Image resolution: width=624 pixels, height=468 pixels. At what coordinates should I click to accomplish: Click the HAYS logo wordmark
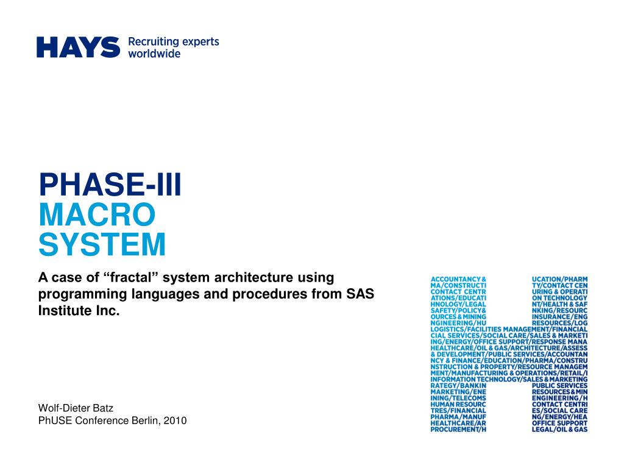[78, 47]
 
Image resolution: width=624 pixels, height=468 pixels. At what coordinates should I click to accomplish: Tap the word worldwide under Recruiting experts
[154, 54]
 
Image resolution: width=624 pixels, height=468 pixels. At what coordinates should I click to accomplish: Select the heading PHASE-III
[110, 185]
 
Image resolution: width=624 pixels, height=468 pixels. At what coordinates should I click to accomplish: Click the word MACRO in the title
[97, 215]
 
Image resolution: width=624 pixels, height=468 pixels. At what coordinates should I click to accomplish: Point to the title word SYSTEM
[102, 245]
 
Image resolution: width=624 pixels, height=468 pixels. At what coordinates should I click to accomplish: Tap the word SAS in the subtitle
[360, 294]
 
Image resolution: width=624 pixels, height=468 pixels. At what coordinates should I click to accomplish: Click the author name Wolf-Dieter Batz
[77, 408]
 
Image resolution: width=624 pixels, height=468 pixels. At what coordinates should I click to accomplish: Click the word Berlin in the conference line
[146, 420]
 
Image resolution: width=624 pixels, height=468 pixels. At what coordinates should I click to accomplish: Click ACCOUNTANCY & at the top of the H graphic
[458, 278]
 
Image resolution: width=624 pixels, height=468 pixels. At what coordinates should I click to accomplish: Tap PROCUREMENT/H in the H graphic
[458, 430]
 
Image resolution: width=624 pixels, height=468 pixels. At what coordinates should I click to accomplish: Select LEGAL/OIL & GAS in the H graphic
[559, 430]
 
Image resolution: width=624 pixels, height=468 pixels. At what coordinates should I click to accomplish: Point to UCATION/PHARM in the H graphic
[559, 278]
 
